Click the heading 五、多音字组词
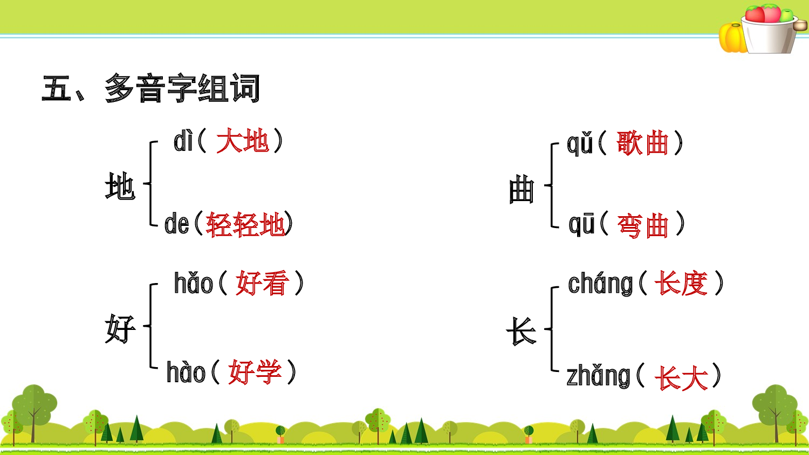pyautogui.click(x=151, y=88)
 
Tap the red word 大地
pyautogui.click(x=243, y=142)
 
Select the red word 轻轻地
pyautogui.click(x=245, y=224)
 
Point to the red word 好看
pyautogui.click(x=262, y=284)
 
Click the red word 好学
pyautogui.click(x=255, y=372)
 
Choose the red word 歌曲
pyautogui.click(x=642, y=143)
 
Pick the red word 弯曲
pyautogui.click(x=642, y=225)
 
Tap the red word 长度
pyautogui.click(x=681, y=284)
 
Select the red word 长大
pyautogui.click(x=681, y=377)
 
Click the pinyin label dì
pyautogui.click(x=183, y=142)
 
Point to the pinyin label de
pyautogui.click(x=176, y=224)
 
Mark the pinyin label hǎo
pyautogui.click(x=194, y=284)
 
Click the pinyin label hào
pyautogui.click(x=186, y=373)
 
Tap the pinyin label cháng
pyautogui.click(x=600, y=284)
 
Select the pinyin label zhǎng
pyautogui.click(x=598, y=376)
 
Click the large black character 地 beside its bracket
pyautogui.click(x=120, y=187)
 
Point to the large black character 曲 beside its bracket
pyautogui.click(x=521, y=190)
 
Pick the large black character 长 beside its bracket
pyautogui.click(x=521, y=330)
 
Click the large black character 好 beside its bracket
pyautogui.click(x=120, y=329)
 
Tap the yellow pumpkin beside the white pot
pyautogui.click(x=731, y=38)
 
